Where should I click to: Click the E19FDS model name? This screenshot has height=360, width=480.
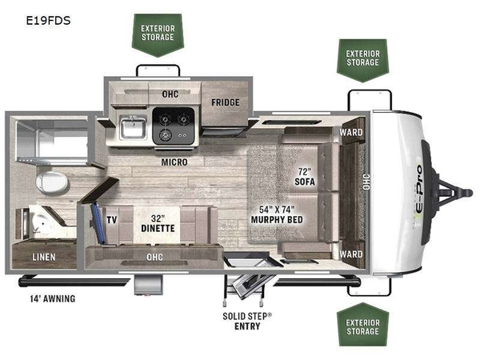(x=48, y=21)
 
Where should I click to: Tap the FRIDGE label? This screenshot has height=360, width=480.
(x=226, y=102)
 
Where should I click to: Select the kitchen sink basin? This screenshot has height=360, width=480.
(x=133, y=128)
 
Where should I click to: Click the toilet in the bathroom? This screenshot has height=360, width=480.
(x=51, y=182)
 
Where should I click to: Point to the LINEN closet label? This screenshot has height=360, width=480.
(x=44, y=257)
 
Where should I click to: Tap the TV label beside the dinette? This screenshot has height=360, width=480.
(x=112, y=220)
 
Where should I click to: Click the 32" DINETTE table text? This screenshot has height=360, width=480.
(x=158, y=223)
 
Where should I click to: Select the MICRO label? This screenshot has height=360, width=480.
(x=174, y=162)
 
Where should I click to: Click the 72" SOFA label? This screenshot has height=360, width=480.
(x=305, y=177)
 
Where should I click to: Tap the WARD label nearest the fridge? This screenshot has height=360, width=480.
(x=351, y=132)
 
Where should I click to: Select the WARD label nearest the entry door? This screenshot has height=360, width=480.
(x=351, y=254)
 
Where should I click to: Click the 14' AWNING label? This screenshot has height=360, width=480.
(x=53, y=298)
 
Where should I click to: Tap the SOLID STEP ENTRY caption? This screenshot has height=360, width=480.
(x=247, y=321)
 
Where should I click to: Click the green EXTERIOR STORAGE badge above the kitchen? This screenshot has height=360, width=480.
(x=158, y=35)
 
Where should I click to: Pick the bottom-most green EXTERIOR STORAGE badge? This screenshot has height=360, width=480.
(x=362, y=325)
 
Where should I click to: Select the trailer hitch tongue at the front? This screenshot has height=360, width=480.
(x=453, y=193)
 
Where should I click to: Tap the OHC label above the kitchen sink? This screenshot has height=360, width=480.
(x=170, y=94)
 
